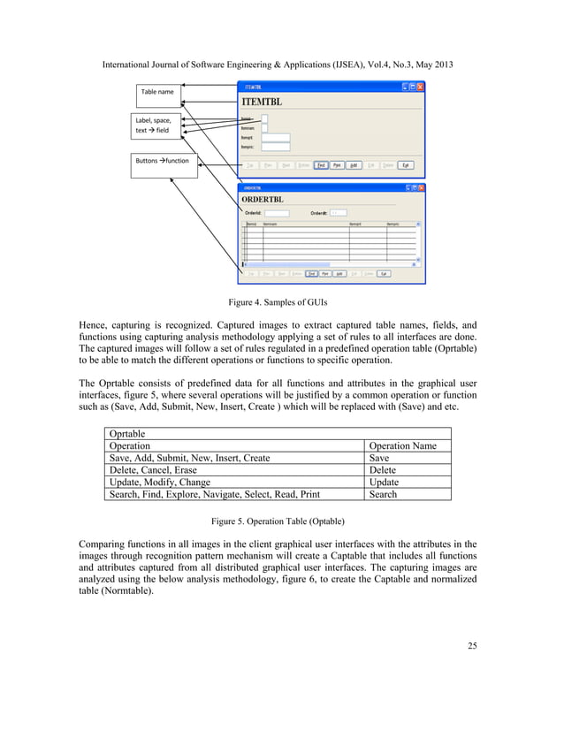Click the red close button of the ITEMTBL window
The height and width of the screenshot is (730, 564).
pos(420,87)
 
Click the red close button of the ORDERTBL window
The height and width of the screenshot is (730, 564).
pos(420,187)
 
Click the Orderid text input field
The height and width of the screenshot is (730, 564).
pos(278,213)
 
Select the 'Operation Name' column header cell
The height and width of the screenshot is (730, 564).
pos(402,446)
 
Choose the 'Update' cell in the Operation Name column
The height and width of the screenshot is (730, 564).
pos(384,483)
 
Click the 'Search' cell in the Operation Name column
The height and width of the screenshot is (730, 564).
pos(383,494)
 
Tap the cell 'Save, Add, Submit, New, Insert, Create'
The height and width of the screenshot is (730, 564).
pos(189,459)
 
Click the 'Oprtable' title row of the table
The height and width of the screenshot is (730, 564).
pos(128,434)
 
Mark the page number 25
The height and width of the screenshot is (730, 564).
pos(470,647)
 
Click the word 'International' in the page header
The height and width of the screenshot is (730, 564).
pos(130,65)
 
